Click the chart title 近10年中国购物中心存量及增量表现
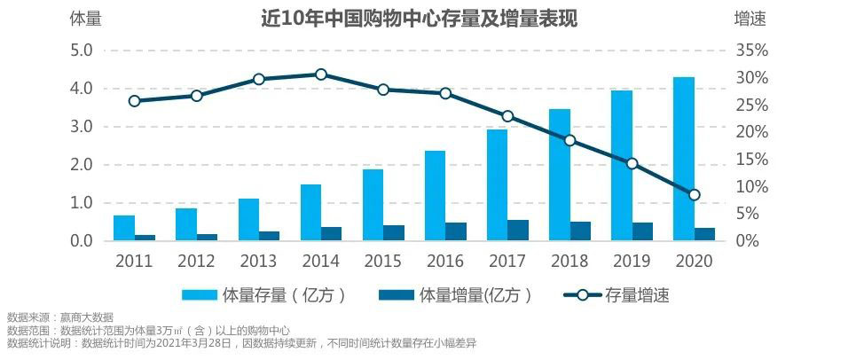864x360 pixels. coord(419,19)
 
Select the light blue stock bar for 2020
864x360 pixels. coord(683,160)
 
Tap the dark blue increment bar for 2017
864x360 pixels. coord(518,231)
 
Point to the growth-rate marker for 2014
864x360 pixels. coord(321,74)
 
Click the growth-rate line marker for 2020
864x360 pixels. coord(695,195)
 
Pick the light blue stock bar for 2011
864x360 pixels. coord(124,228)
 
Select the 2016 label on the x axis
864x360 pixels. coord(444,262)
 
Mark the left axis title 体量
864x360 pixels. coord(85,19)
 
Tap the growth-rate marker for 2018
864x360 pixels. coord(570,140)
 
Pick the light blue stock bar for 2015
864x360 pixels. coord(373,205)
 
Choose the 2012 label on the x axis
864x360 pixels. coord(196,262)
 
